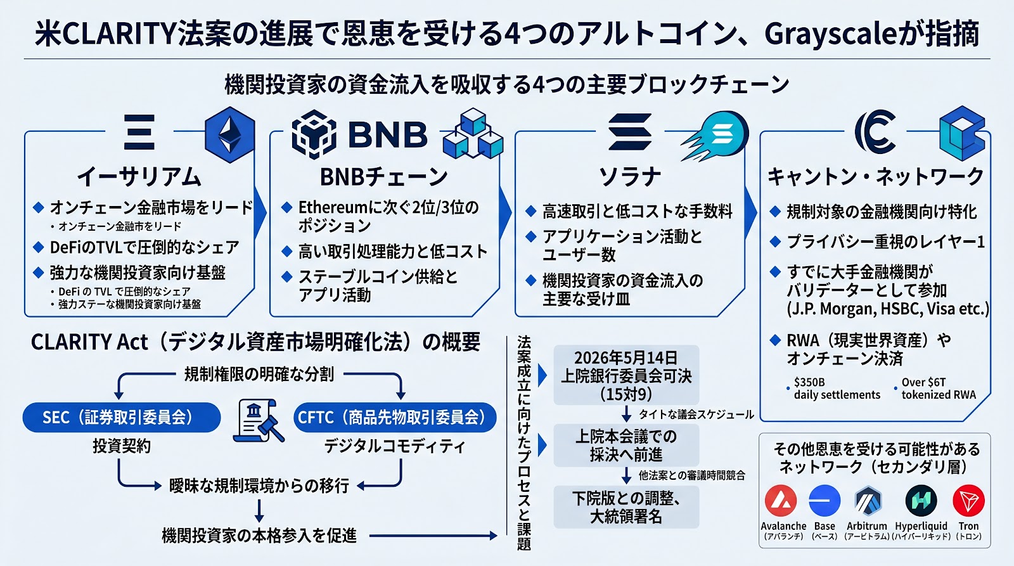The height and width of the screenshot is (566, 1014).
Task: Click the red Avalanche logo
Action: point(781,500)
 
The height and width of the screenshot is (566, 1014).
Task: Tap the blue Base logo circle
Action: point(825,500)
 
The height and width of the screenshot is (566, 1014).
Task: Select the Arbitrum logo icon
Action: point(868,501)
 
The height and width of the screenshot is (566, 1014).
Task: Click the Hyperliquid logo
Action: point(921,500)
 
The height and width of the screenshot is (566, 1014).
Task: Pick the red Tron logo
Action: point(969,500)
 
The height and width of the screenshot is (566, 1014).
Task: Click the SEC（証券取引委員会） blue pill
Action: point(122,417)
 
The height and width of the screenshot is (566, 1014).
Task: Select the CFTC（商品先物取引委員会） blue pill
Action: point(395,417)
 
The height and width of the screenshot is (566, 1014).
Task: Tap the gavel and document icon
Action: point(258,421)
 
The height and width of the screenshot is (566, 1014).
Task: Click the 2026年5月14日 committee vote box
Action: point(626,375)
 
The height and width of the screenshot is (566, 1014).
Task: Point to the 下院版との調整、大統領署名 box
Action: point(626,507)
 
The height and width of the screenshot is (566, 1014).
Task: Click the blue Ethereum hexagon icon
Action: point(230,134)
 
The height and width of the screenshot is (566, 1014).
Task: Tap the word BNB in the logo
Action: point(387,134)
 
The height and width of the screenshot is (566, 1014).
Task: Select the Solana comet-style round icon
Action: point(716,136)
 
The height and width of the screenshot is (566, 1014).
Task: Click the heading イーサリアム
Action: point(139,177)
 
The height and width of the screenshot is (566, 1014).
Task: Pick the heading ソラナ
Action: point(630,177)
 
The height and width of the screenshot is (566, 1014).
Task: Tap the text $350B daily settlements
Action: point(837,389)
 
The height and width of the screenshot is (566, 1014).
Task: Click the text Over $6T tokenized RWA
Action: point(939,389)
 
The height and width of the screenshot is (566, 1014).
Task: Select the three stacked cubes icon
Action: point(473,133)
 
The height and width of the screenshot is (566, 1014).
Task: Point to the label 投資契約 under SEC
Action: point(122,446)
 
